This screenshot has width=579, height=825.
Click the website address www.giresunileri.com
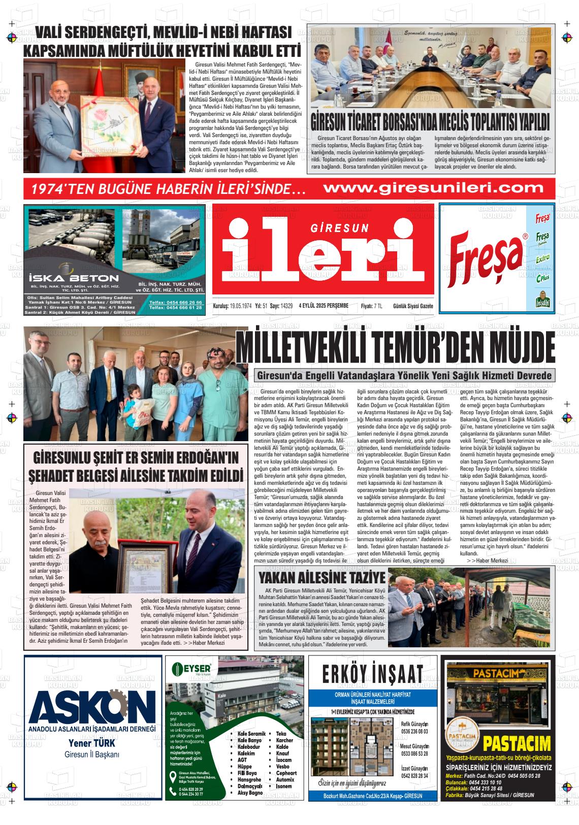coord(433,188)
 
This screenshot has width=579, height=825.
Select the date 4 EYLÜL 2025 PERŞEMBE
coord(324,306)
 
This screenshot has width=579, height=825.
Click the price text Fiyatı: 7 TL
coord(371,306)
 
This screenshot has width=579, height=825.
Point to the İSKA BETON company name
coord(74,278)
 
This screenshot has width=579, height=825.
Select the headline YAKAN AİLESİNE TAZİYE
coord(321,578)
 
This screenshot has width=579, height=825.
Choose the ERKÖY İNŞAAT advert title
coord(372,674)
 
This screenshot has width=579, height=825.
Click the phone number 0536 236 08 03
coord(414,732)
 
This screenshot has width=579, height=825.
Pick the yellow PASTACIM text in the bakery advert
coord(517,744)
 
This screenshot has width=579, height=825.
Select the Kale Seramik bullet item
coord(251,734)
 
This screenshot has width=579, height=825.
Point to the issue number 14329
coord(286,306)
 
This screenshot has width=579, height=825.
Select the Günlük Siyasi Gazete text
coord(413,306)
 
